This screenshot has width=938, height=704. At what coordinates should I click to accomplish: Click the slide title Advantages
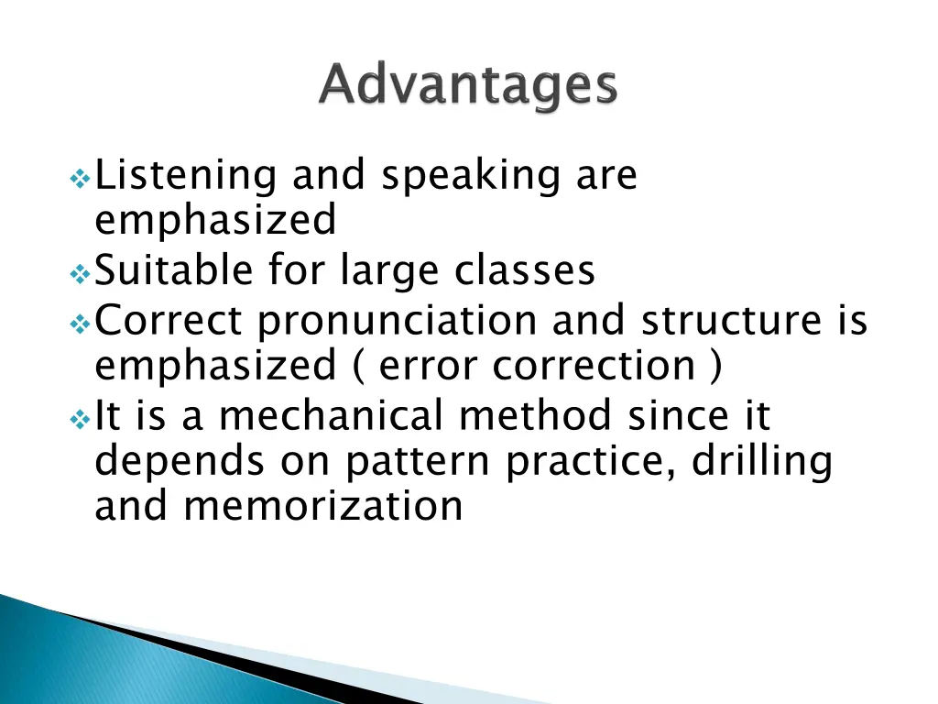(x=468, y=88)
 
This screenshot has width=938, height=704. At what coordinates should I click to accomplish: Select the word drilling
(x=762, y=461)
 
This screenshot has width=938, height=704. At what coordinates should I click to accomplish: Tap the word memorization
(x=323, y=506)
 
